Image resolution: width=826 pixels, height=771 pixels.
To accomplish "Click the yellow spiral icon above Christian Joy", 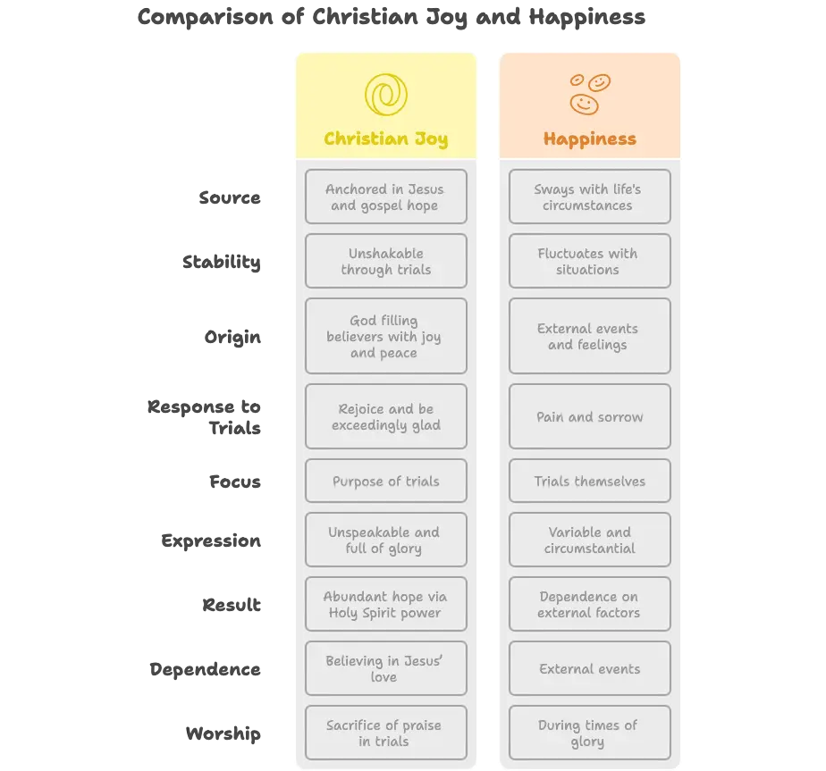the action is click(386, 95).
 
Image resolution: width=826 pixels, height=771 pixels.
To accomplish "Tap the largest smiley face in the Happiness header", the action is click(585, 105).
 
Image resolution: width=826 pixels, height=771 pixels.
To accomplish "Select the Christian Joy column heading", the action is click(386, 139).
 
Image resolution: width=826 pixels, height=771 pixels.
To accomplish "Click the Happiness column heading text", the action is click(590, 139).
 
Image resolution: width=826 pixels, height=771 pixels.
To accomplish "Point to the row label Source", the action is click(230, 197).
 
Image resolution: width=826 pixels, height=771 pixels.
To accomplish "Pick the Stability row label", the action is click(222, 262).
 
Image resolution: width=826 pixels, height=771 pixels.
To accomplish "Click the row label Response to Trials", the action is click(205, 417).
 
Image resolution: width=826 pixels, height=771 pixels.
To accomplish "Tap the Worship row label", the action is click(223, 733).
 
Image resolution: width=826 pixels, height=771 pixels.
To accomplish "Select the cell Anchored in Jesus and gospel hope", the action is click(386, 197).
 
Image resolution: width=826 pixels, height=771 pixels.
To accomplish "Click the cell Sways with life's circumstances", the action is click(590, 197).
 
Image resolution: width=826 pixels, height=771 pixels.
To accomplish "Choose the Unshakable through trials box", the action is click(386, 261).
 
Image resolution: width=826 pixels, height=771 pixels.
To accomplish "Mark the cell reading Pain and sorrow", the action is click(590, 416).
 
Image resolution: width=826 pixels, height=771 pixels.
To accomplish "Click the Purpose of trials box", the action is click(386, 481).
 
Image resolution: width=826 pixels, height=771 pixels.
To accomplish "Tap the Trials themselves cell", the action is click(590, 481).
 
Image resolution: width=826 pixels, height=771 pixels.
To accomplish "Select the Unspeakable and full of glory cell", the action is click(386, 540).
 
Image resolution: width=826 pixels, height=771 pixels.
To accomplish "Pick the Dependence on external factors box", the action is click(590, 604).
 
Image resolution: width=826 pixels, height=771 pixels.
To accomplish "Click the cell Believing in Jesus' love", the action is click(386, 668).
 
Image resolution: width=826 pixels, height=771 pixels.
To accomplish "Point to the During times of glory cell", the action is click(590, 733).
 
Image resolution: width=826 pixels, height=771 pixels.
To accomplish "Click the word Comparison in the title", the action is click(206, 17).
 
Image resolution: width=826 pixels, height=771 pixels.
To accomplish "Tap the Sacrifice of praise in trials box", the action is click(386, 733).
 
